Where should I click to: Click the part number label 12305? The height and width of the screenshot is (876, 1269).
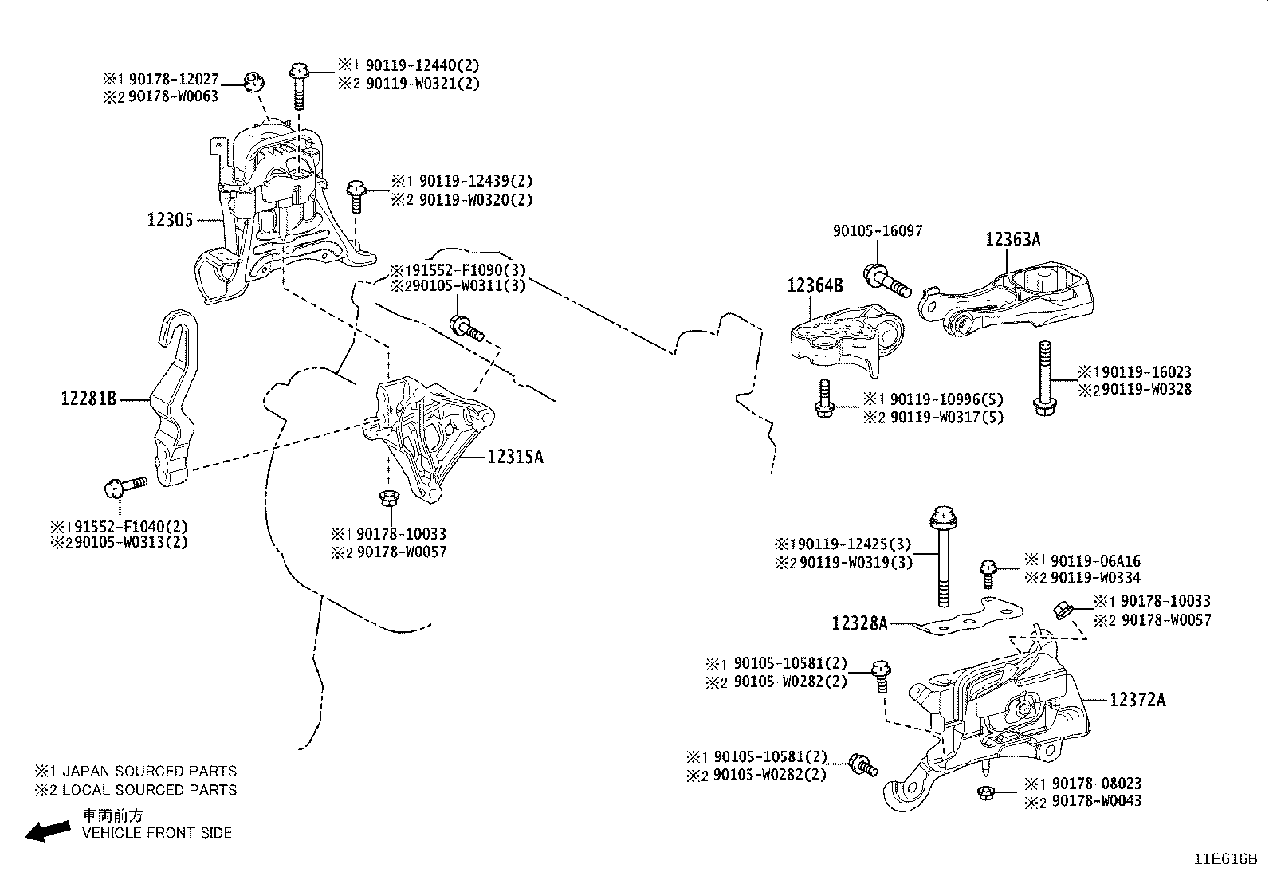170,219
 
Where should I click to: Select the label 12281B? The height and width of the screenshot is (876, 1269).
88,398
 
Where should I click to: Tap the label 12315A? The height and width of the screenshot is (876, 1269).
515,457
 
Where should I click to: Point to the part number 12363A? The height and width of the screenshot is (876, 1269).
1012,240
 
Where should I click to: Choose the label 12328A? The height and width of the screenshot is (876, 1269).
859,623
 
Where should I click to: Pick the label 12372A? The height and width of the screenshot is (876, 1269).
1137,700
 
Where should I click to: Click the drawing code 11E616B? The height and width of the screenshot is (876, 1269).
1224,859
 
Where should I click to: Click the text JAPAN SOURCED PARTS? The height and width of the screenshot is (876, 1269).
149,772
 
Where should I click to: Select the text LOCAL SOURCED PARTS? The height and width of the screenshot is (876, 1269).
149,790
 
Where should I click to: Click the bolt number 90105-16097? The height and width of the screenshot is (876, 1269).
878,231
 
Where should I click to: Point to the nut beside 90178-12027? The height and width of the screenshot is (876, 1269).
253,81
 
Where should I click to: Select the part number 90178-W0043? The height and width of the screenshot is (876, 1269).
1096,800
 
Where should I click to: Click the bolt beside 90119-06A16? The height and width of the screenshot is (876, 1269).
988,572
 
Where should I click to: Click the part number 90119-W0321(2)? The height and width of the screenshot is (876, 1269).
422,83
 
